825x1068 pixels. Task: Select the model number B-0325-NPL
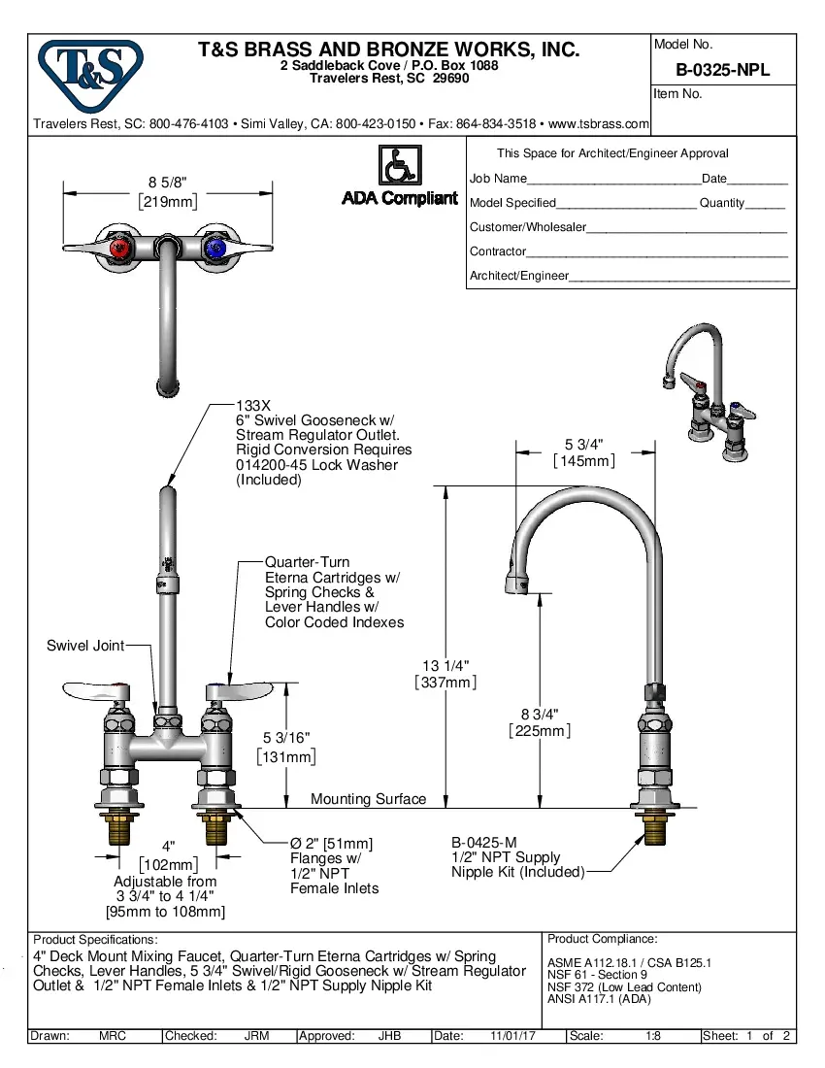coord(722,70)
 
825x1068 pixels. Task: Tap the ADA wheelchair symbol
coord(399,166)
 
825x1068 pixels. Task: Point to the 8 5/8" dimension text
coord(167,182)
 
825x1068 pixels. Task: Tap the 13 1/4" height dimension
coord(445,666)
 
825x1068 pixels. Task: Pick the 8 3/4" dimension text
coord(539,714)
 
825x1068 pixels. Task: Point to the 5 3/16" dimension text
coord(287,739)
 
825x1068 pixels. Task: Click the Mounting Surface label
coord(368,799)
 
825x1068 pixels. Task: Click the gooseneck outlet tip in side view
coord(513,584)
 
